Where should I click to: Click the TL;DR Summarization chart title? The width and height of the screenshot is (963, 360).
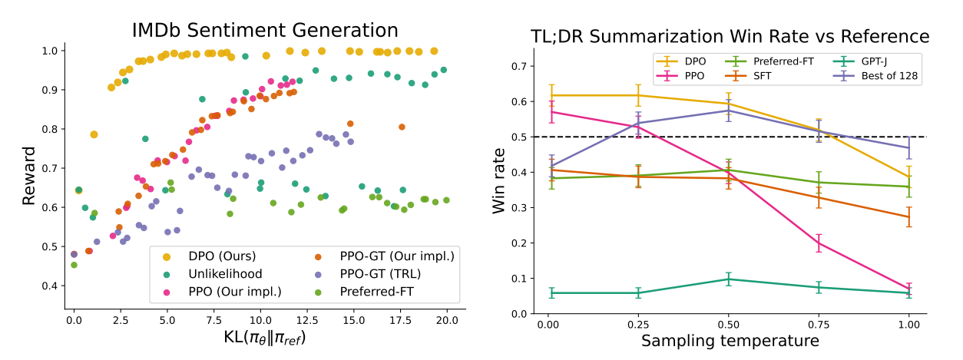[x=730, y=37]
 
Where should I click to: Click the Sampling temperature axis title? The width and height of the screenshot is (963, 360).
[x=730, y=340]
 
